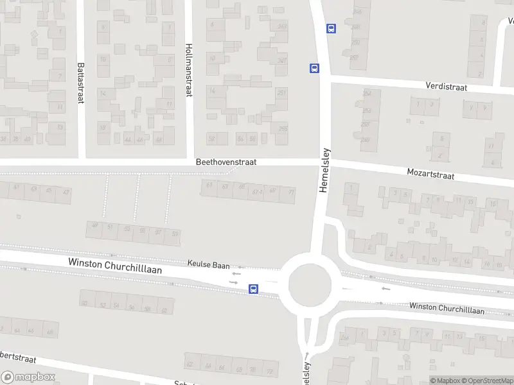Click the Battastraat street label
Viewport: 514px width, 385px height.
click(80, 77)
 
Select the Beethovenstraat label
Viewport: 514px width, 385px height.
click(226, 162)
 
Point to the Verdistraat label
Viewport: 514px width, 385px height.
click(446, 86)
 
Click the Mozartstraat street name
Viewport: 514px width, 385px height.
click(430, 174)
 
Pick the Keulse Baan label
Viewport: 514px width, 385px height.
click(208, 263)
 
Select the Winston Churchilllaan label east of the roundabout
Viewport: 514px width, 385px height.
click(447, 309)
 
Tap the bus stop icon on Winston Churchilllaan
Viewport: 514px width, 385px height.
click(254, 289)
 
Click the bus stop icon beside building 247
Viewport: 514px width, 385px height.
click(314, 68)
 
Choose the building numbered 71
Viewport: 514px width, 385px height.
click(291, 193)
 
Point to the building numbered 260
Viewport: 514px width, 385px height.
click(365, 140)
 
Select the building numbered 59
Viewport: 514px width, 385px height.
click(175, 234)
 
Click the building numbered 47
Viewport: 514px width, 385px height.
click(65, 192)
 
